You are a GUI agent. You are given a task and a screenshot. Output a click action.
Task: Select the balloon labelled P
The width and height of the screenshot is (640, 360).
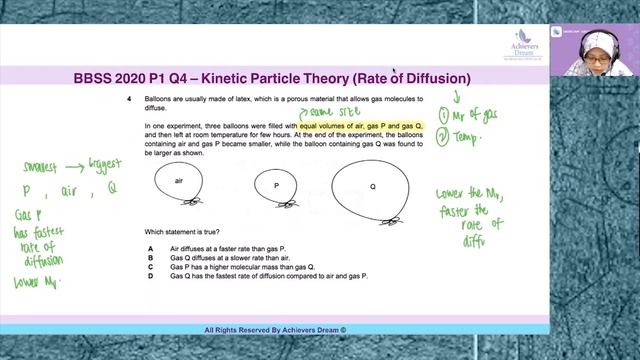275,186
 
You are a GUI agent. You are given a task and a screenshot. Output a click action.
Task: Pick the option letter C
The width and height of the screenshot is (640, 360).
149,266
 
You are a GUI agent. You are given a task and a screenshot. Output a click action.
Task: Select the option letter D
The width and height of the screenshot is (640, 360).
149,275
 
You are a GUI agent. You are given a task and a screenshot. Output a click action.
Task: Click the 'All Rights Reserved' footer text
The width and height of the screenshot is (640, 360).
274,329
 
